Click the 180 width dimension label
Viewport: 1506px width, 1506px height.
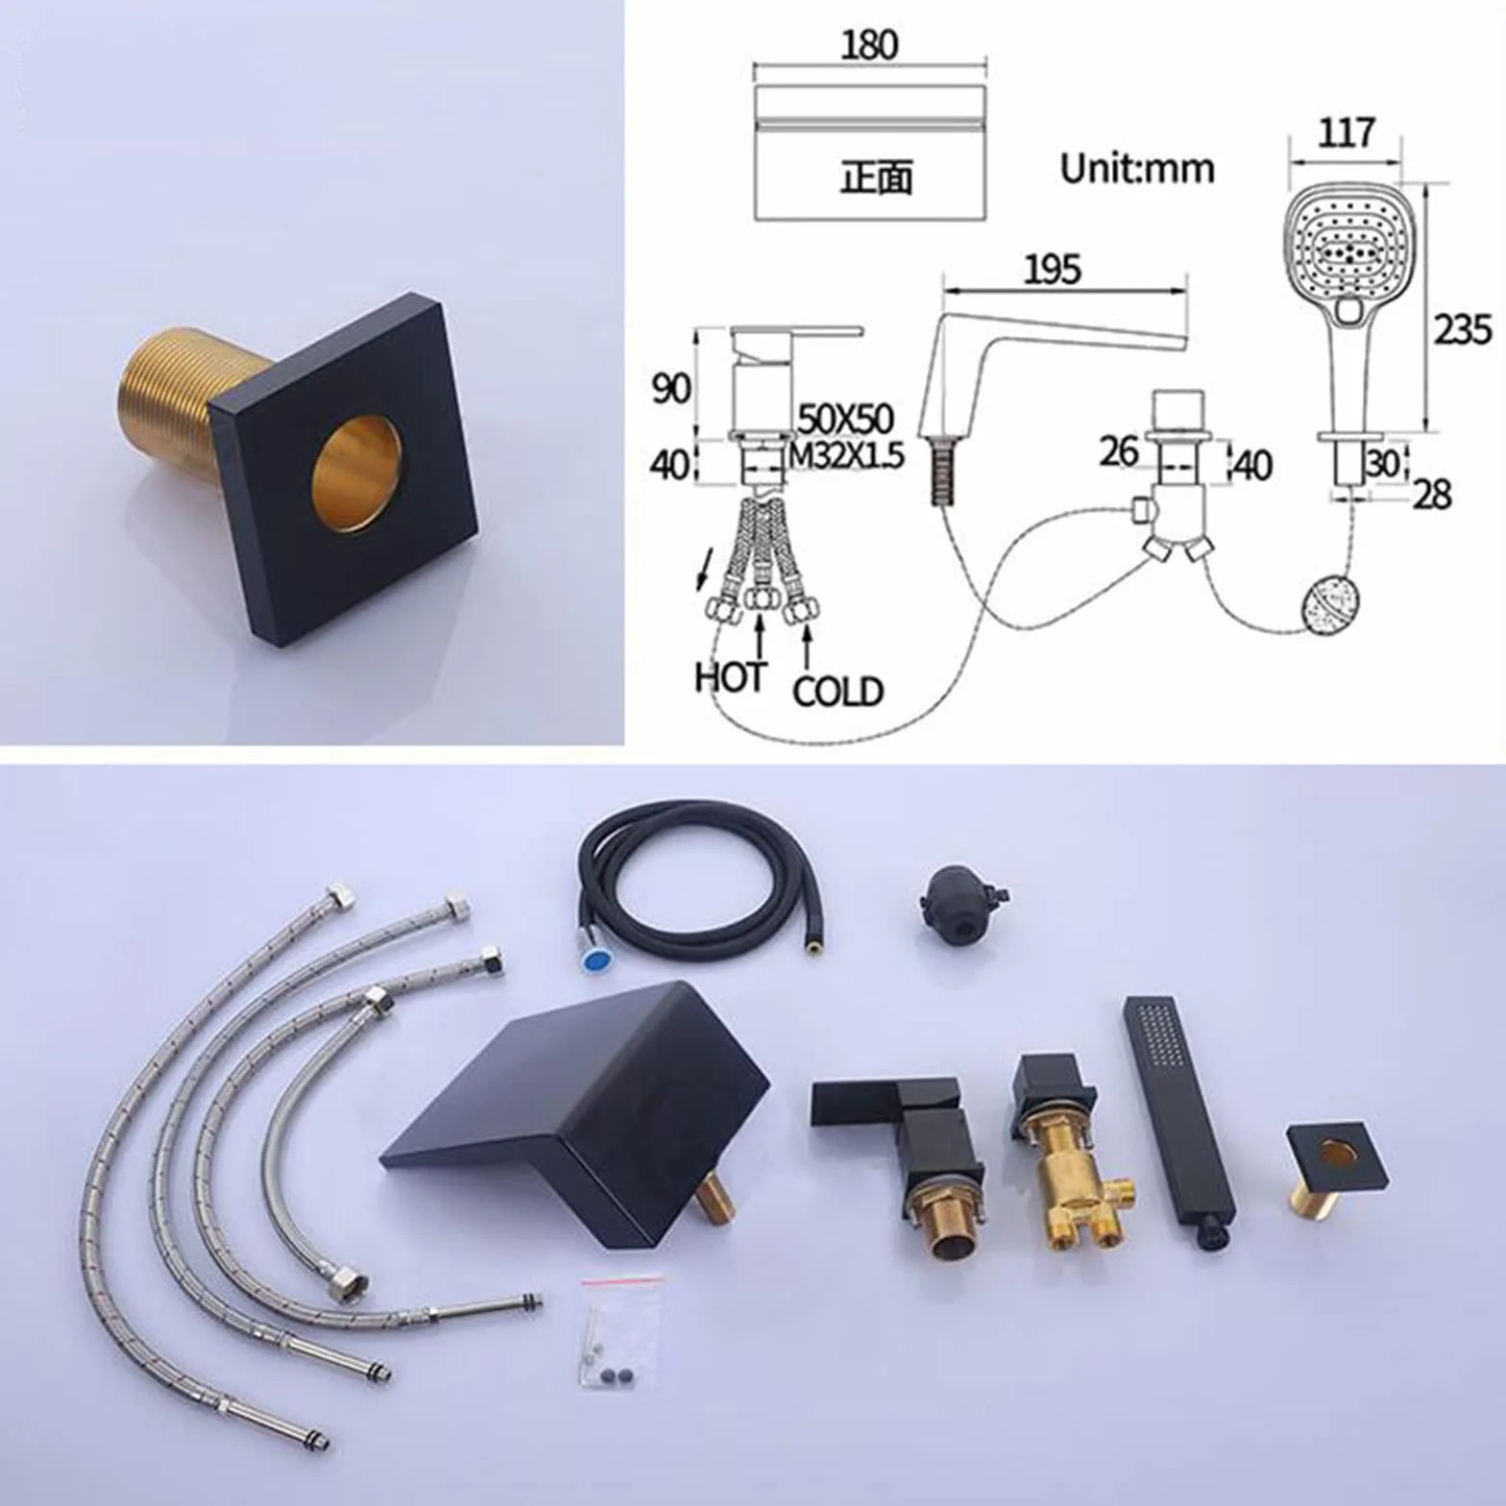coord(869,45)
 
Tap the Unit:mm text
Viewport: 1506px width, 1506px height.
coord(1137,168)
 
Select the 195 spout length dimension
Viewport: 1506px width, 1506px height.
coord(1052,270)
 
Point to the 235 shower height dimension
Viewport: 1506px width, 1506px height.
coord(1463,329)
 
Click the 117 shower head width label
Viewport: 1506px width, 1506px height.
coord(1346,133)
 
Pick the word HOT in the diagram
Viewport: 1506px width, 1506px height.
coord(730,677)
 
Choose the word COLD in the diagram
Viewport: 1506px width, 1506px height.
coord(837,691)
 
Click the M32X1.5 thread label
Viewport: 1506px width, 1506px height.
coord(845,454)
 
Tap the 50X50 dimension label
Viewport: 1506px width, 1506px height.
coord(845,419)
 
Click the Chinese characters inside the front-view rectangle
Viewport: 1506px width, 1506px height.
coord(876,178)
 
